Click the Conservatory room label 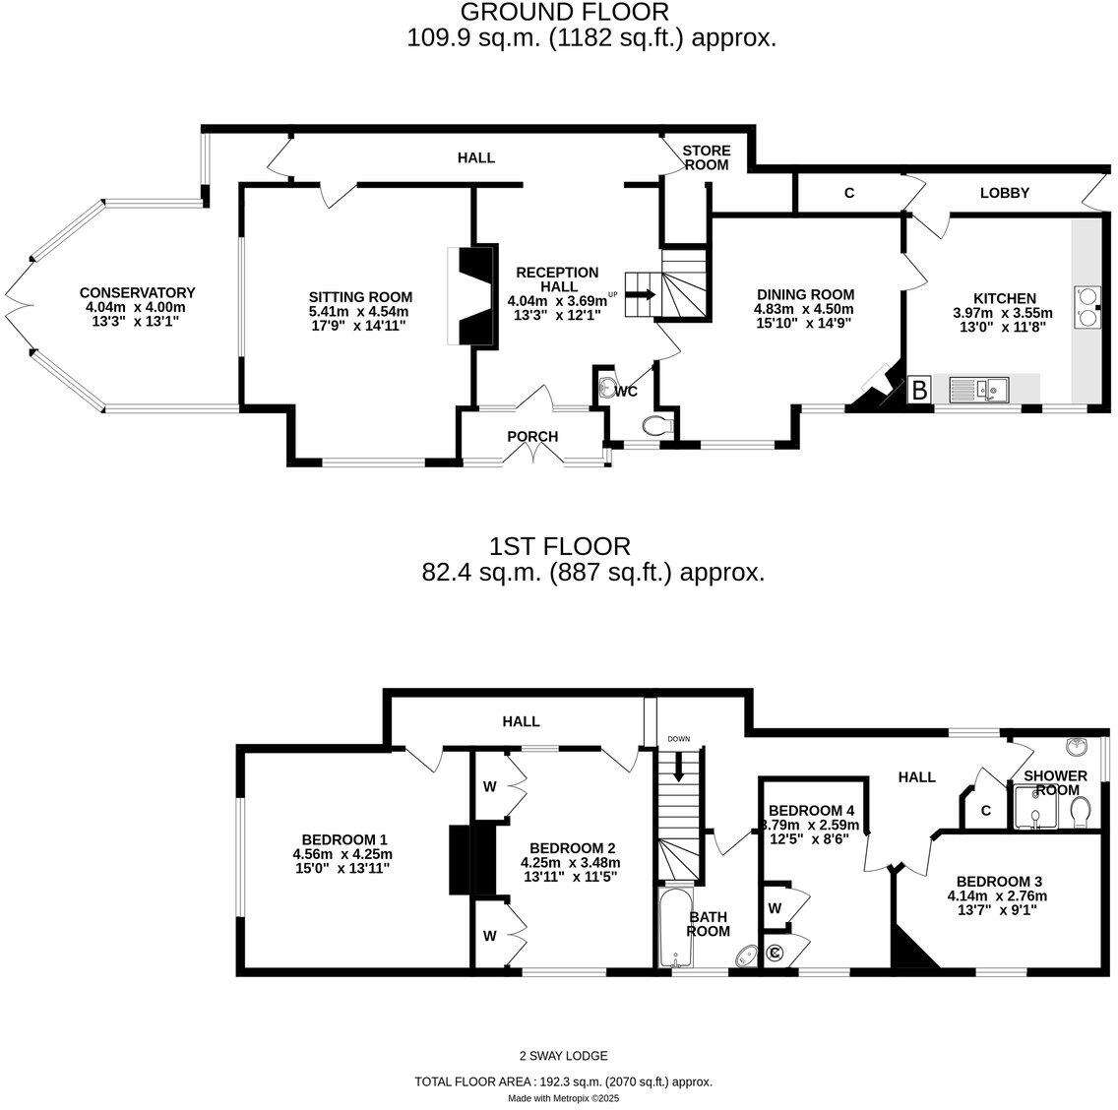(x=137, y=292)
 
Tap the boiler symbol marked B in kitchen (x=919, y=390)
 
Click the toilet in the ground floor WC (x=656, y=425)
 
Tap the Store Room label (x=707, y=157)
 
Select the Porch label (x=532, y=437)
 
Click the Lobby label (x=1004, y=193)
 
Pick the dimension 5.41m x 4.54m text (x=360, y=312)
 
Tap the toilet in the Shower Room (x=1080, y=811)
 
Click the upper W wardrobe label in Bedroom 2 (x=489, y=787)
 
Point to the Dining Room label (x=805, y=294)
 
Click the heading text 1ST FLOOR (x=560, y=546)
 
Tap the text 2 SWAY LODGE (x=564, y=1056)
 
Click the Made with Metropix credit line (x=564, y=1098)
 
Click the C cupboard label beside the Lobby (x=848, y=194)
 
